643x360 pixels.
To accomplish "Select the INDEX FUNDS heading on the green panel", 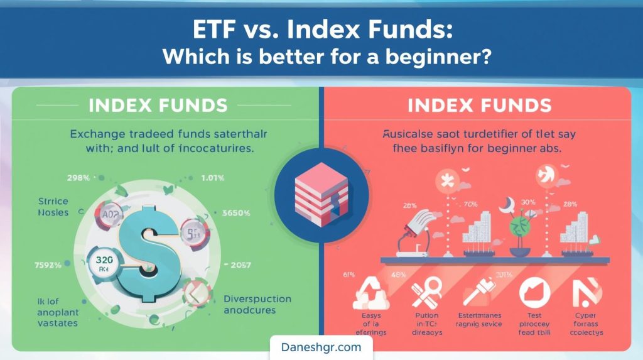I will coord(158,105).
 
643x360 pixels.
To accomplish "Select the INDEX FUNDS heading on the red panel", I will coord(479,105).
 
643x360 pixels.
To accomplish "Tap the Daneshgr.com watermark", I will coord(321,347).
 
